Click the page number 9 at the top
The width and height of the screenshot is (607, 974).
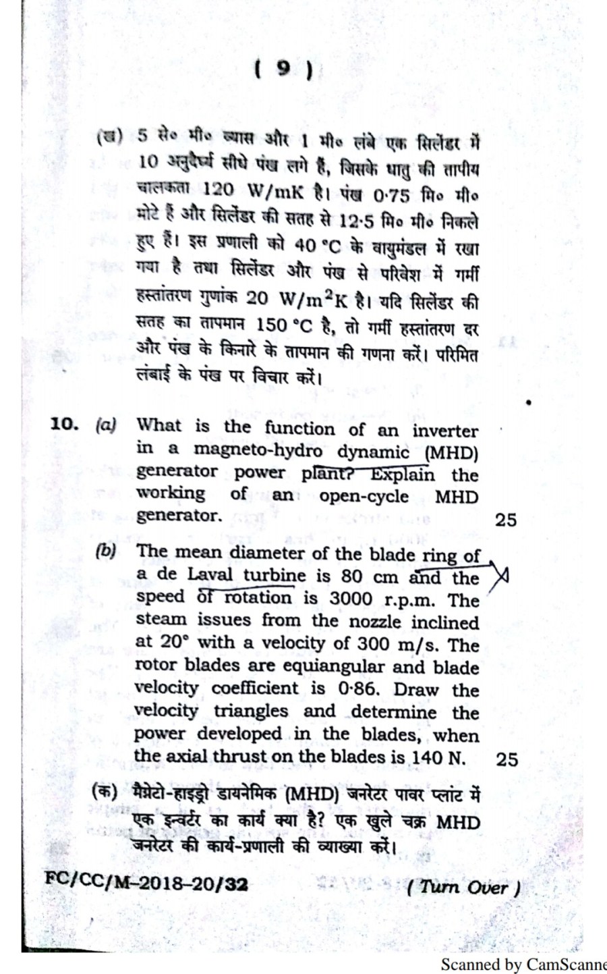click(x=284, y=70)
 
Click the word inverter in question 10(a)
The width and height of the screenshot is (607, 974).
click(x=445, y=430)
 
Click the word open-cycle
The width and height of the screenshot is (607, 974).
click(x=364, y=495)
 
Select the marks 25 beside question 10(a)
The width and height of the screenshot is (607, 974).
click(x=505, y=519)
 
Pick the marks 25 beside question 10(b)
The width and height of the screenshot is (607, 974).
click(x=507, y=759)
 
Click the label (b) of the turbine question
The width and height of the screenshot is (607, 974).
click(x=106, y=549)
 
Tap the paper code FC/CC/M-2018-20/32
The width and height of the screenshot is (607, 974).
click(x=146, y=881)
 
